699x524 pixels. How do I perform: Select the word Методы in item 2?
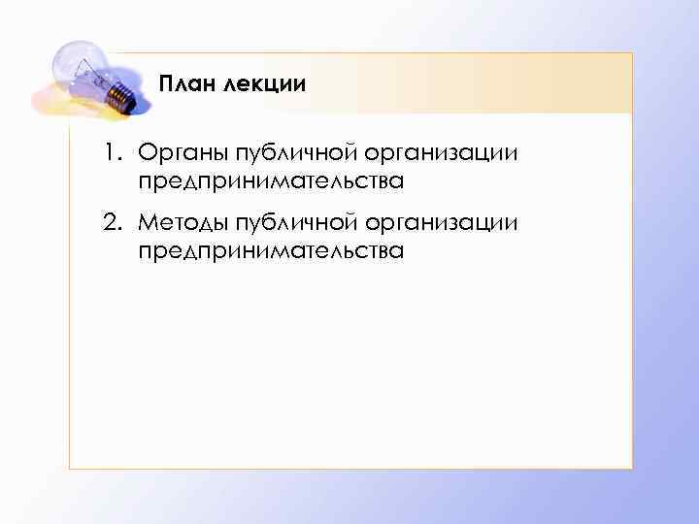[x=180, y=224]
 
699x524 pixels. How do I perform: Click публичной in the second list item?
[x=294, y=224]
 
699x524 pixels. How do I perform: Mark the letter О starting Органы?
[x=147, y=152]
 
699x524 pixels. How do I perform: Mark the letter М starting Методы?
[x=149, y=224]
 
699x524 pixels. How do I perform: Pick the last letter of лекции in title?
[x=300, y=85]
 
